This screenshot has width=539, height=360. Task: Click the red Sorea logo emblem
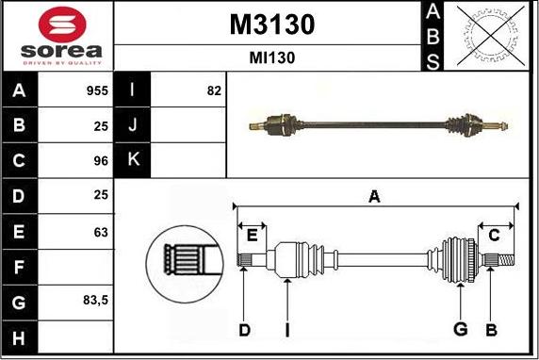tap(62, 25)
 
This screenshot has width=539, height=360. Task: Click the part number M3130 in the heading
tap(272, 25)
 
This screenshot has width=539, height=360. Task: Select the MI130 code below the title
tap(272, 57)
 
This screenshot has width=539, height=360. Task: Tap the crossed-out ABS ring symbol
tap(491, 36)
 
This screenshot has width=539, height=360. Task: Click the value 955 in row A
tap(97, 90)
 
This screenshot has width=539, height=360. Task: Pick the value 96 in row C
tap(101, 160)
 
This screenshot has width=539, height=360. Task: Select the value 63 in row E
tap(101, 233)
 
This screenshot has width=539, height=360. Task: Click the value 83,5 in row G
tap(95, 301)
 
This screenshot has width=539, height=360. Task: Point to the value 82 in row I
tap(214, 90)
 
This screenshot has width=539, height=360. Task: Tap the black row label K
tap(134, 159)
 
